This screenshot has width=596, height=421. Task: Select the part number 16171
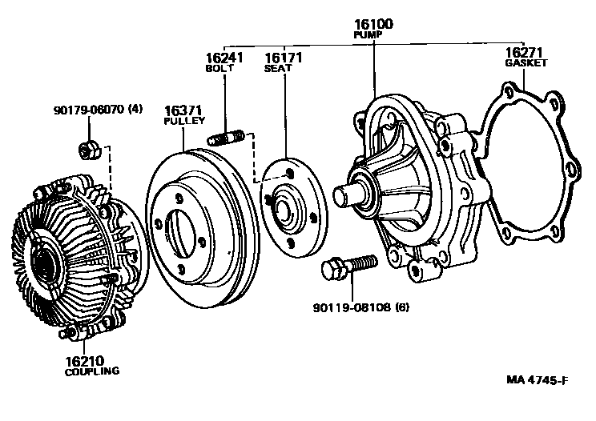pos(280,58)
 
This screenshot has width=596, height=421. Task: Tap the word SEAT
pos(280,69)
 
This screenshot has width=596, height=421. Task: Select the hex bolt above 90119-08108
pos(348,267)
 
